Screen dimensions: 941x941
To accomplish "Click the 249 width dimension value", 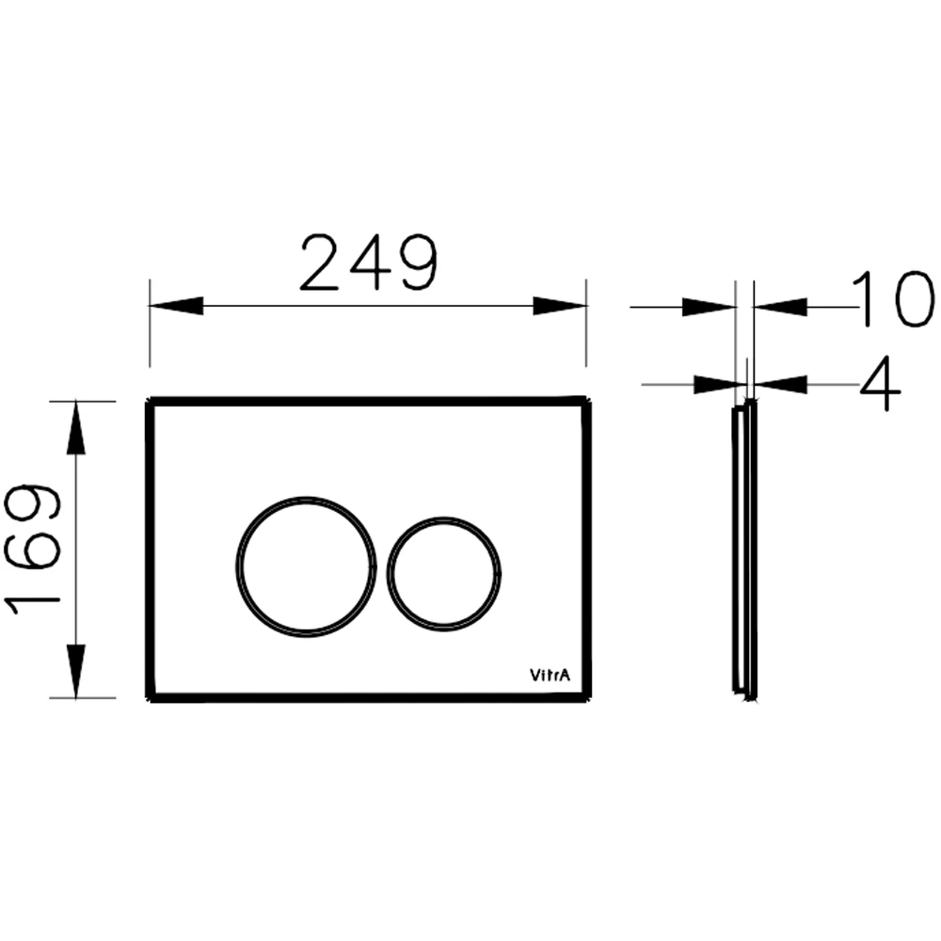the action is click(369, 263).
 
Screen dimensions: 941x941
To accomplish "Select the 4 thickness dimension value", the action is click(880, 384).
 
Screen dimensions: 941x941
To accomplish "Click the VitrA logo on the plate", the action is click(550, 675).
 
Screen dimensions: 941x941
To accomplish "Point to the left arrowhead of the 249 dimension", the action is click(176, 306).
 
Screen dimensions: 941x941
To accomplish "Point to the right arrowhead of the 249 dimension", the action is click(560, 306).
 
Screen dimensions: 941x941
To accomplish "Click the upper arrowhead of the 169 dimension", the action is click(75, 427).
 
